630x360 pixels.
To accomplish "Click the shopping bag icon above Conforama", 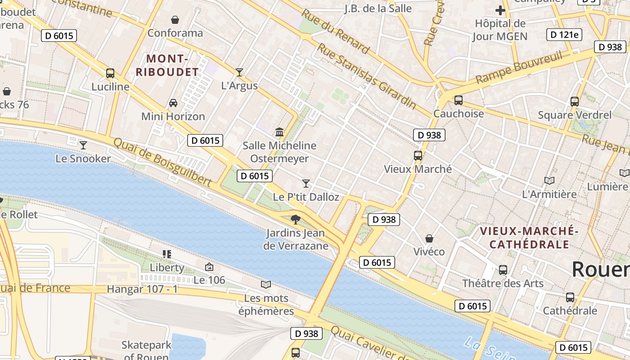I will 175,20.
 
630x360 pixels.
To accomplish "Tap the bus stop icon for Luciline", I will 110,73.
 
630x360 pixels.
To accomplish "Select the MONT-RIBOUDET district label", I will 167,65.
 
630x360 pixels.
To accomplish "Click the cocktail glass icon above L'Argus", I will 239,72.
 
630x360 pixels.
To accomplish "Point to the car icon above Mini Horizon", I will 173,103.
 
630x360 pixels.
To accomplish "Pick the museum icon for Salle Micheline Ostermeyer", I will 279,132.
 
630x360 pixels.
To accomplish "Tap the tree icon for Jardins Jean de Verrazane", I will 296,220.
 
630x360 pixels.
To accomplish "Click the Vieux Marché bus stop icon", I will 418,156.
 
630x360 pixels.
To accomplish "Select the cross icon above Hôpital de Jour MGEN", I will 500,10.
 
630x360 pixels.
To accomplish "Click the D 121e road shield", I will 564,35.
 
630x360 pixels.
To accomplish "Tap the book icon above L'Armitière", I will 549,181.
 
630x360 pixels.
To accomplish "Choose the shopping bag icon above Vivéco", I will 429,238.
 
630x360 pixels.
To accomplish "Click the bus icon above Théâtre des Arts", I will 503,270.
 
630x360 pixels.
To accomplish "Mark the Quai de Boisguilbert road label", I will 162,162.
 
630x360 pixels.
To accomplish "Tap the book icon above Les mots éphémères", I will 266,284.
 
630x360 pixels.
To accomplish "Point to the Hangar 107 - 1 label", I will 142,289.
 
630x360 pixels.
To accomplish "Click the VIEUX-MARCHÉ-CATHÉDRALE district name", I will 529,238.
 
